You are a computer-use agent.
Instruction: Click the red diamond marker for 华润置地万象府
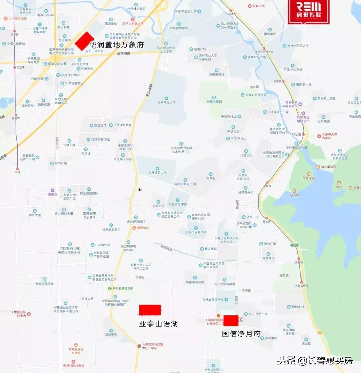coord(84,41)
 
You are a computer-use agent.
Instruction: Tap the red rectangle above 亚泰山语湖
coord(150,310)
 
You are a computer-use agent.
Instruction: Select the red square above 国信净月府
coord(231,321)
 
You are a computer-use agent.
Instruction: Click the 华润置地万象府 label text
coord(116,44)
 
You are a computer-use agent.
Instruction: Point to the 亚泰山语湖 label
coord(158,324)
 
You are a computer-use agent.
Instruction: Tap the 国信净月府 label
coord(241,333)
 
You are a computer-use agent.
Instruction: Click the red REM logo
coord(309,11)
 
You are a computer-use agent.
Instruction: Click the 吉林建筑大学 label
coord(157,173)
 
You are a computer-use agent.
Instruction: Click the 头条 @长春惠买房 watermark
coord(315,361)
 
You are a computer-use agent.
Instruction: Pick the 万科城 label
coord(86,153)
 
